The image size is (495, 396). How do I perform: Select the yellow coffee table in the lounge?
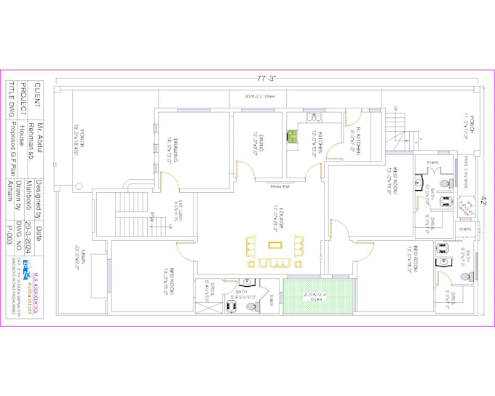click(x=274, y=245)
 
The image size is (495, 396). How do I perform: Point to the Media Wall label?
click(x=280, y=186)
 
